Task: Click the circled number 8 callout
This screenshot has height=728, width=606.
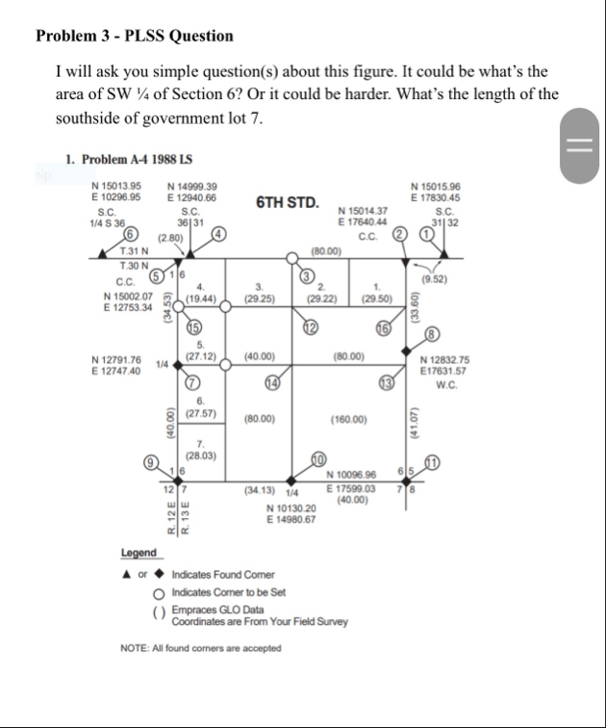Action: click(x=431, y=334)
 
